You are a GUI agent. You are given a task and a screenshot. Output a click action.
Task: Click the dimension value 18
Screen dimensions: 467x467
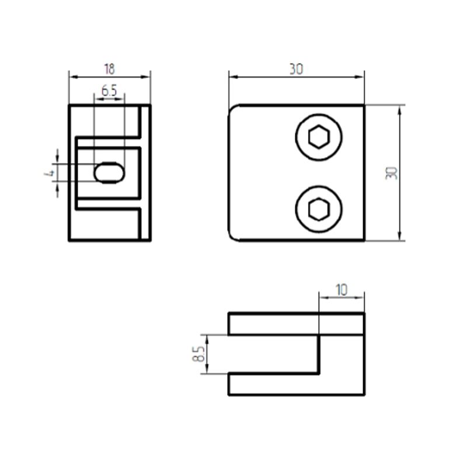109,69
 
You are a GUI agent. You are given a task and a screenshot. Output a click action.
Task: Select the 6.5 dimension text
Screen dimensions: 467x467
109,90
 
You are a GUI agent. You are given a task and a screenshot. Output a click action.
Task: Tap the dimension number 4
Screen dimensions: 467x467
51,173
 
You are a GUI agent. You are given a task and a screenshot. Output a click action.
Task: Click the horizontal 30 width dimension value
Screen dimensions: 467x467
296,69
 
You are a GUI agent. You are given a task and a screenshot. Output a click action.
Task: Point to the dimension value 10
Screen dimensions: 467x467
341,290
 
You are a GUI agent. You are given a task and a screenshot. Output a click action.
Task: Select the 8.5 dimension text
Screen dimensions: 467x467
198,354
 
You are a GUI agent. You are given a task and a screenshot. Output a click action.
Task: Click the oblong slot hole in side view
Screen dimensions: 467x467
109,173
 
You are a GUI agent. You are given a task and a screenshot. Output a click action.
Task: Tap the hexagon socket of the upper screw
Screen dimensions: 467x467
319,137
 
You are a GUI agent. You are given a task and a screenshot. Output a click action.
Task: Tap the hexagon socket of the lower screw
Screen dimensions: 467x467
319,209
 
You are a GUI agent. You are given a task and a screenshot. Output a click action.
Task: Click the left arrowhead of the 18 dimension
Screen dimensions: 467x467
72,76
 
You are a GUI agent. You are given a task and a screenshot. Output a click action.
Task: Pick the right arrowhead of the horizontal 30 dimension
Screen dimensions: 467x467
361,76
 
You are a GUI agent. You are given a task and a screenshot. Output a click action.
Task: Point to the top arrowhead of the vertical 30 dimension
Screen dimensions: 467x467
400,109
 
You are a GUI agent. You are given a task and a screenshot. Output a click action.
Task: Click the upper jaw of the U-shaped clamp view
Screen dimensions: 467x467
296,324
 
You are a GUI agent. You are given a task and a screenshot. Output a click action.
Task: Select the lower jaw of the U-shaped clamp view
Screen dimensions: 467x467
296,384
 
